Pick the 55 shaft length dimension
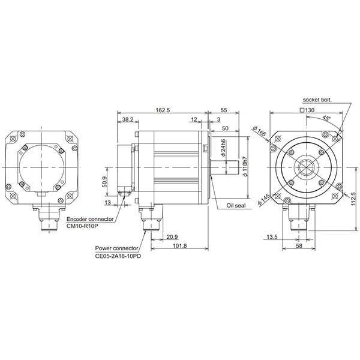click(x=223, y=110)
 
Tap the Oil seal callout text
click(x=235, y=206)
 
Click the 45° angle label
click(x=325, y=118)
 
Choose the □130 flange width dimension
click(x=307, y=110)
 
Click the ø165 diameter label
click(x=259, y=130)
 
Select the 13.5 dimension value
click(x=271, y=236)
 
